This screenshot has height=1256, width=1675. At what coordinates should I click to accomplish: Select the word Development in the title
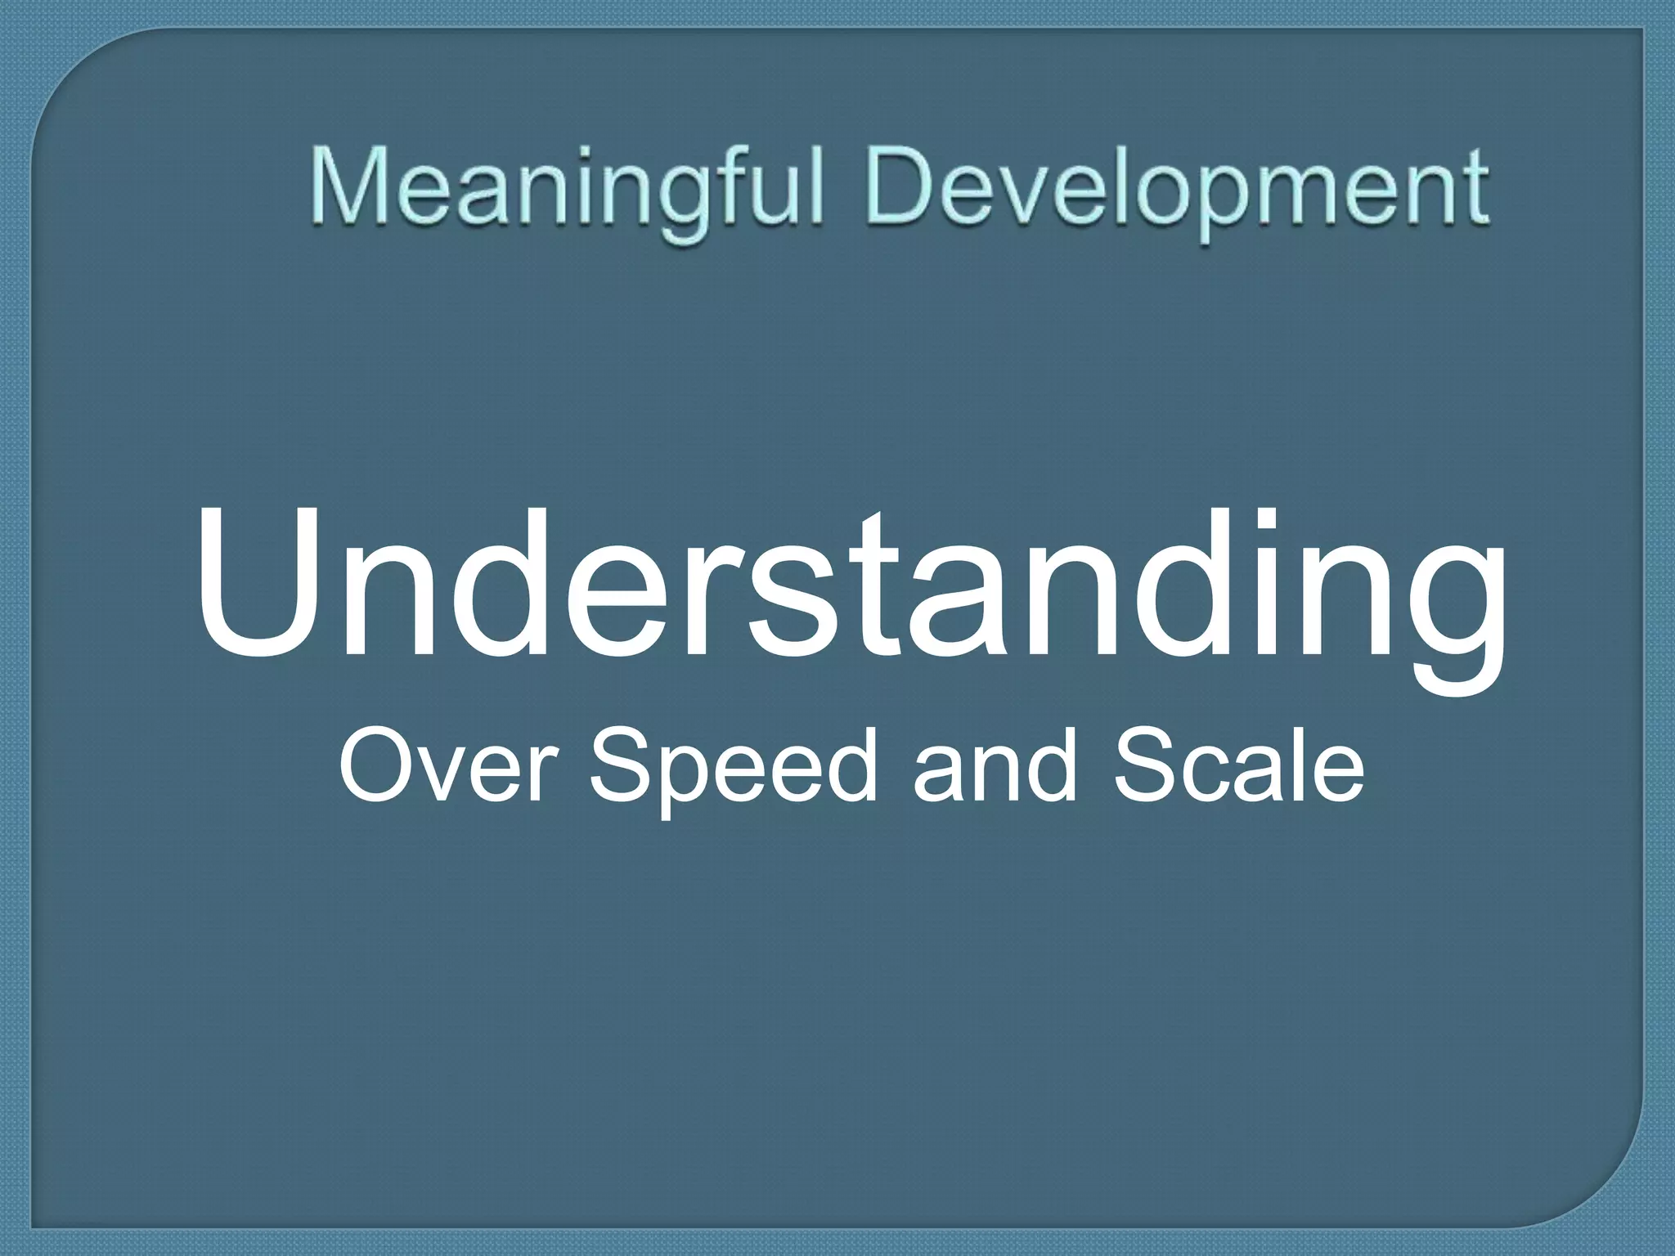pos(1178,190)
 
